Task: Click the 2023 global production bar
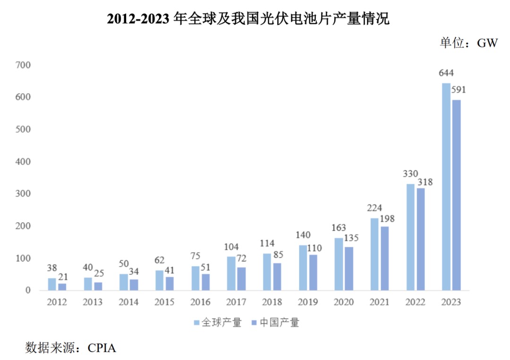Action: click(x=446, y=186)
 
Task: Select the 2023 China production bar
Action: click(x=456, y=195)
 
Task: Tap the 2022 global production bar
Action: click(x=410, y=237)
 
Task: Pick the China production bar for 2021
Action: click(x=384, y=258)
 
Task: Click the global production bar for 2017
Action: click(x=231, y=273)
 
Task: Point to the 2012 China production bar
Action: click(x=62, y=286)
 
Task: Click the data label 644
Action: click(x=446, y=74)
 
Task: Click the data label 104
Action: click(x=231, y=247)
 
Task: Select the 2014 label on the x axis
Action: click(x=128, y=302)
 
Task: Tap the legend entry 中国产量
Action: click(x=279, y=323)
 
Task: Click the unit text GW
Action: click(x=487, y=43)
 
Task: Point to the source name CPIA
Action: click(x=102, y=348)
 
